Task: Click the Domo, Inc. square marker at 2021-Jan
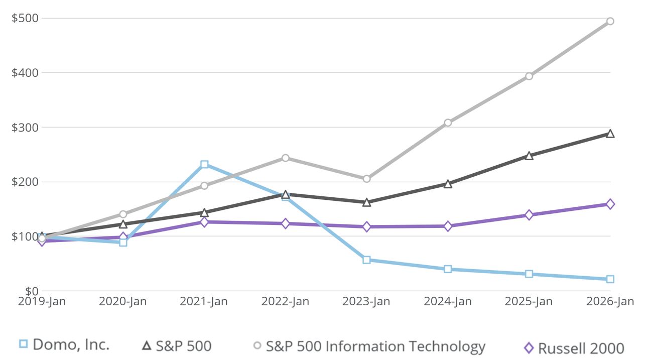click(x=204, y=165)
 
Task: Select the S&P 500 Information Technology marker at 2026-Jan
click(x=610, y=21)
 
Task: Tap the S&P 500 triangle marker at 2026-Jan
click(x=610, y=134)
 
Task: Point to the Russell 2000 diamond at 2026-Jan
click(x=610, y=204)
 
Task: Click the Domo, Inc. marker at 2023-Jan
click(x=366, y=260)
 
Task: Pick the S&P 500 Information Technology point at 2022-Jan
click(x=285, y=158)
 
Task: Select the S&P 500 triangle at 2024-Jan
click(x=448, y=184)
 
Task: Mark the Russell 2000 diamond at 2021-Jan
click(x=204, y=222)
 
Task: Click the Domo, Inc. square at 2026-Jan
click(x=610, y=279)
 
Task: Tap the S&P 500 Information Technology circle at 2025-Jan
click(x=529, y=76)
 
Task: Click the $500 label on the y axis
click(x=25, y=18)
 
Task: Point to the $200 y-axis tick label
click(x=25, y=182)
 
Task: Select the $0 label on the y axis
click(x=31, y=291)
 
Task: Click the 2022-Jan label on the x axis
click(x=285, y=302)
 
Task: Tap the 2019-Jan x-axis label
click(x=42, y=302)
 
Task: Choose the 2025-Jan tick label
click(x=529, y=302)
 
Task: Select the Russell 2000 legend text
click(x=581, y=348)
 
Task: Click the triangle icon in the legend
click(x=147, y=345)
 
